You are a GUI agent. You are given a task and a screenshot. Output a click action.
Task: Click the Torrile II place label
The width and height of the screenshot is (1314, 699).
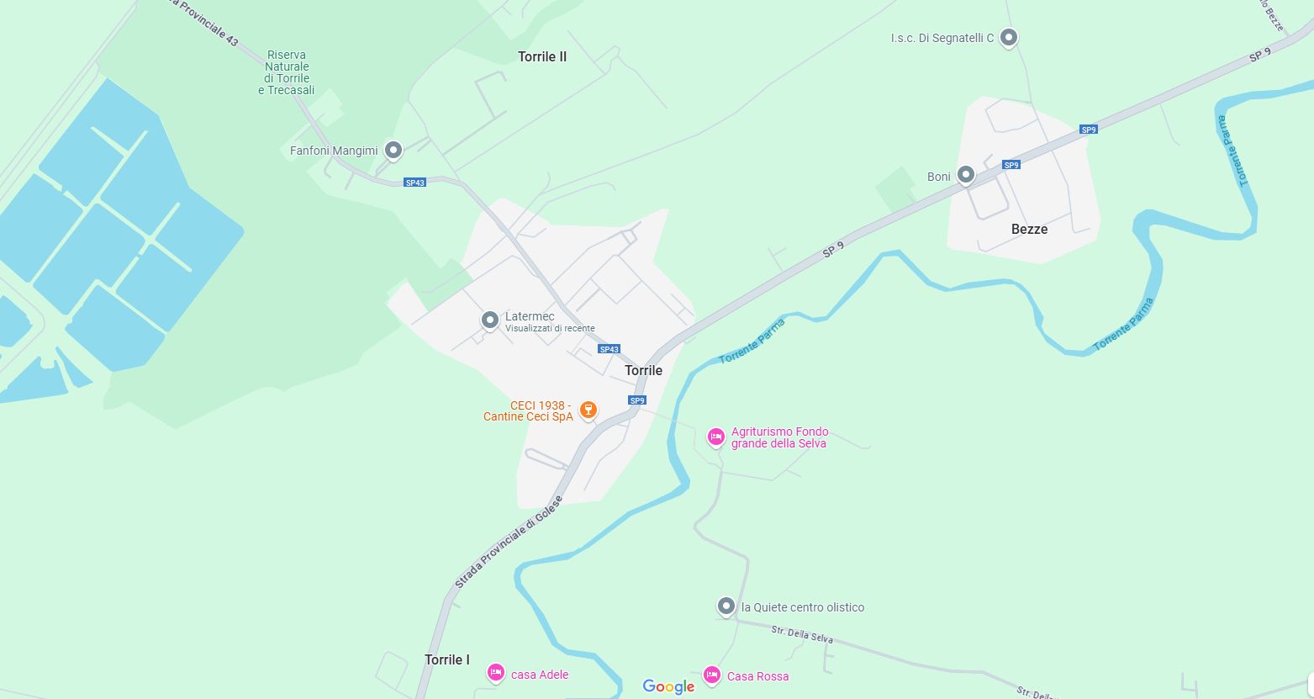[542, 57]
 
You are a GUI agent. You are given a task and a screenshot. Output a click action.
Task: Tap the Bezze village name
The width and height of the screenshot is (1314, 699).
[1029, 229]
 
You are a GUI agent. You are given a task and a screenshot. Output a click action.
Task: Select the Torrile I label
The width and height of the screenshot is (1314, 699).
[447, 659]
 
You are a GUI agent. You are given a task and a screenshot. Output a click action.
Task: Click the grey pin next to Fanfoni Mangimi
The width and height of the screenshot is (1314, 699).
[393, 150]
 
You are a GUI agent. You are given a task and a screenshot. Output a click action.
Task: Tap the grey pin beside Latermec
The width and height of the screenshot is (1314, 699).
[490, 320]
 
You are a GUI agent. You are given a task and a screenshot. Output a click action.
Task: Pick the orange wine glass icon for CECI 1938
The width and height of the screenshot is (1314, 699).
[588, 410]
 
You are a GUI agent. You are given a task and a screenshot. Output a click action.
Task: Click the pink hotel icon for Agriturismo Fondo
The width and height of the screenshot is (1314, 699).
[715, 437]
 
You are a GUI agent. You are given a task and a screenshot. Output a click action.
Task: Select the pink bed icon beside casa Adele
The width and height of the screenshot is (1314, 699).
[496, 673]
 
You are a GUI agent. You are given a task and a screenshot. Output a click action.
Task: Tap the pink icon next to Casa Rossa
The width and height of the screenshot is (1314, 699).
[712, 675]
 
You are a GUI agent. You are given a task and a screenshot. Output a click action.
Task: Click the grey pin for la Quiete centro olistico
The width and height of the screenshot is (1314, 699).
[726, 606]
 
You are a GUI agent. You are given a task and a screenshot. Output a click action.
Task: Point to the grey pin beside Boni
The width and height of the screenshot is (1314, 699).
[966, 174]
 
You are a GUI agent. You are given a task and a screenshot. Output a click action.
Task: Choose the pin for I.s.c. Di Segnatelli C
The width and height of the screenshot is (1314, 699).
[1009, 38]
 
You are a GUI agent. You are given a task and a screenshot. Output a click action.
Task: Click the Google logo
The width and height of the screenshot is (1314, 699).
[668, 686]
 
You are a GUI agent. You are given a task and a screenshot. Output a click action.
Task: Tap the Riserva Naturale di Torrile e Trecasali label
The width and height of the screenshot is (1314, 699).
[287, 72]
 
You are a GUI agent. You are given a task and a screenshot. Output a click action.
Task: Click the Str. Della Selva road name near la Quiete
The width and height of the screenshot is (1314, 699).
[802, 634]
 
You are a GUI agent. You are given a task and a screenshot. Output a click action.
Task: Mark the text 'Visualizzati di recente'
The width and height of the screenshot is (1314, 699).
[550, 329]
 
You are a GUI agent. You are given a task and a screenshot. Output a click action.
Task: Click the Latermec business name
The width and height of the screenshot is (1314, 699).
[530, 316]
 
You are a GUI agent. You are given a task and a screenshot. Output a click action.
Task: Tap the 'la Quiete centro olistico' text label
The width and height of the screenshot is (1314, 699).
[803, 607]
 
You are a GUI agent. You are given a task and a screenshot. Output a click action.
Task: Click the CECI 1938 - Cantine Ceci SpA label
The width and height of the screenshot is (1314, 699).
[528, 410]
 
